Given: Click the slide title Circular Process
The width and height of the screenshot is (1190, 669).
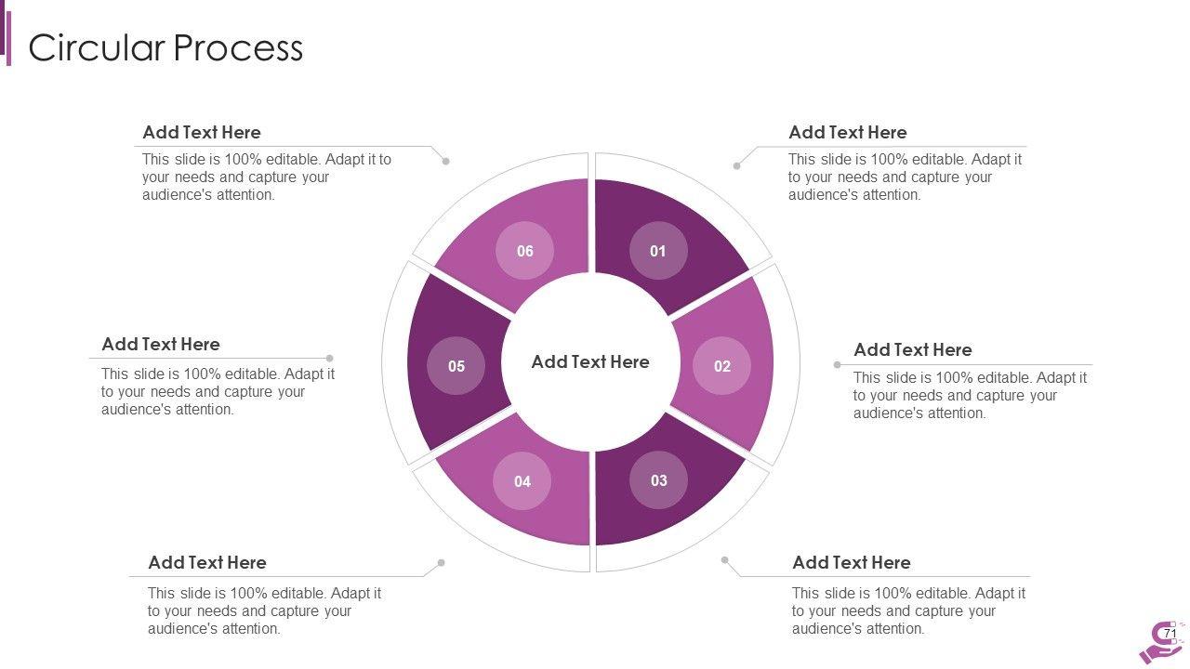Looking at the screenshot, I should (x=165, y=47).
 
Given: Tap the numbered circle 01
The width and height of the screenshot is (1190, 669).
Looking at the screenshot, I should (x=658, y=251).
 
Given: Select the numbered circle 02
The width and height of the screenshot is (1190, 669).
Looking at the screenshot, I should (x=722, y=366).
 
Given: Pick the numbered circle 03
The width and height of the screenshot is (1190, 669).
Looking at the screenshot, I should (x=658, y=481).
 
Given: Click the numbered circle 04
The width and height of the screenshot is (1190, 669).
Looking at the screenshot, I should (x=522, y=481).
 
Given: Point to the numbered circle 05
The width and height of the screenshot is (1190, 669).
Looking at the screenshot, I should (x=456, y=366).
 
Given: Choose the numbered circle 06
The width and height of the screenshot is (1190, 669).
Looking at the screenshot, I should (x=525, y=251).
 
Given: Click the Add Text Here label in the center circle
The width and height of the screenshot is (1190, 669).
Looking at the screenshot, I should (x=590, y=362).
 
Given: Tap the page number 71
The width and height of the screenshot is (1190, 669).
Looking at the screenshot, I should (x=1170, y=634).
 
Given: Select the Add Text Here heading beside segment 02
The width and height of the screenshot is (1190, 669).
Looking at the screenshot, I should (x=912, y=350).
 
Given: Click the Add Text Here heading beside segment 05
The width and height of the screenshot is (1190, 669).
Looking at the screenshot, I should (x=161, y=345).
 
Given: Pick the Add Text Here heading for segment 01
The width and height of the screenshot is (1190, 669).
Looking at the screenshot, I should (x=847, y=133).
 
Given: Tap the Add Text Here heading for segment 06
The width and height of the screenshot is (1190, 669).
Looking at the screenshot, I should (x=202, y=133).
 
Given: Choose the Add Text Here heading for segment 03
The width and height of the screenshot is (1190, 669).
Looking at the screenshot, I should (x=851, y=563).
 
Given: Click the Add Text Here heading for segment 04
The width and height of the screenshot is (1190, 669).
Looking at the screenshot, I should (x=207, y=563).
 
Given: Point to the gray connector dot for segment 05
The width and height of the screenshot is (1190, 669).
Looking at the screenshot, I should (x=330, y=358).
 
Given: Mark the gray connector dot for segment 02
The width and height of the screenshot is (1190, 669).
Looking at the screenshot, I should (x=837, y=365).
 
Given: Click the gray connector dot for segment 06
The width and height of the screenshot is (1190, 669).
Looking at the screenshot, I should (x=446, y=161).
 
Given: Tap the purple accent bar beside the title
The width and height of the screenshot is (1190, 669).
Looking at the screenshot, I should (x=8, y=39).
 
